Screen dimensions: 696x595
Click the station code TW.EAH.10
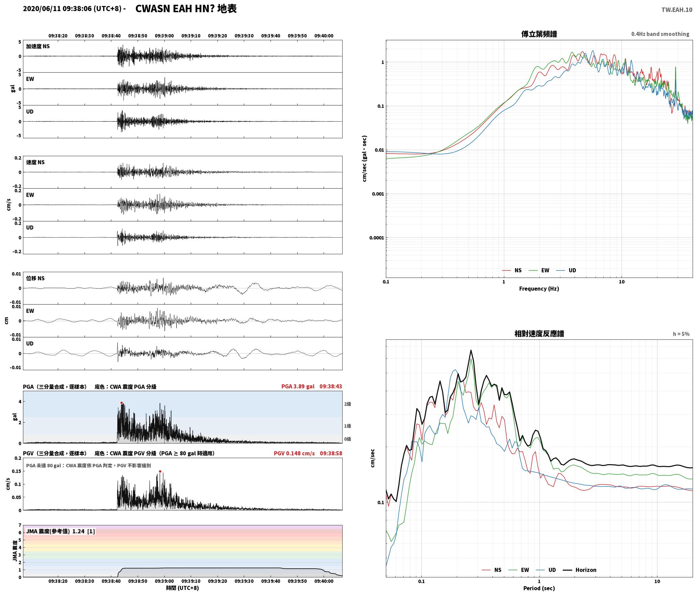(x=677, y=10)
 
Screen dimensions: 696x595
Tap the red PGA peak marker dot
(x=121, y=403)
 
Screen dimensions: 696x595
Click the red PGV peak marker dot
(x=160, y=471)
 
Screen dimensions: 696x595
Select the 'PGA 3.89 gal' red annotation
(x=298, y=386)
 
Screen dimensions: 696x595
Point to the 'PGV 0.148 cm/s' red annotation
(x=294, y=453)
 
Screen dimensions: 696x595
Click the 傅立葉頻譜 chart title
(x=539, y=34)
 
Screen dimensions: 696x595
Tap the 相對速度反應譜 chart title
(x=539, y=334)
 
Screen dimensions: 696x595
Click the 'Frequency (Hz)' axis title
(x=539, y=288)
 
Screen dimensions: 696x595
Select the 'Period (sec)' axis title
(x=539, y=588)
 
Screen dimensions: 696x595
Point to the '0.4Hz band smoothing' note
(x=660, y=34)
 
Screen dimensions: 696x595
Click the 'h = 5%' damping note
(x=681, y=334)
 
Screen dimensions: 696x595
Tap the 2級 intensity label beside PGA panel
(x=348, y=404)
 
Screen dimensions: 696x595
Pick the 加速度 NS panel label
(x=38, y=46)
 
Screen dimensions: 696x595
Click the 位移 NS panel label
(x=35, y=278)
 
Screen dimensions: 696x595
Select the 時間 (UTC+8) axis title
(x=182, y=588)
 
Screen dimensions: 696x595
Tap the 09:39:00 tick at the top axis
(x=164, y=36)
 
